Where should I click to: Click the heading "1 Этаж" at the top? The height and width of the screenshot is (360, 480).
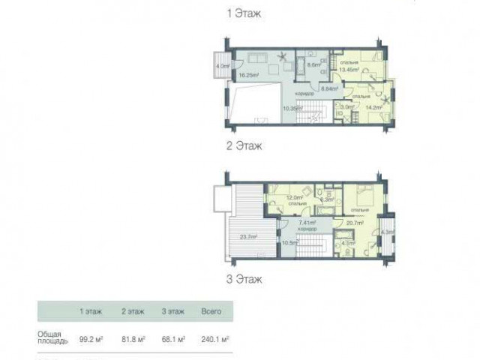pyautogui.click(x=244, y=13)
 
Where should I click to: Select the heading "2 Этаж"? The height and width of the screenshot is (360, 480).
pyautogui.click(x=244, y=146)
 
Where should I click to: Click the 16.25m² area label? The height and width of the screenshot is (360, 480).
pyautogui.click(x=249, y=75)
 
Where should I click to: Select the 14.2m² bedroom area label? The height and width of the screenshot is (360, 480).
pyautogui.click(x=373, y=107)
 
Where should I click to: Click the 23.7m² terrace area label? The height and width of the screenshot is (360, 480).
pyautogui.click(x=249, y=237)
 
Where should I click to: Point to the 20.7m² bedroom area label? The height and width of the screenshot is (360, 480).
pyautogui.click(x=355, y=223)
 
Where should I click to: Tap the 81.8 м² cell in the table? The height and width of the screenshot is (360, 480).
pyautogui.click(x=133, y=338)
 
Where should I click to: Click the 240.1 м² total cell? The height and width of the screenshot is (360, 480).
pyautogui.click(x=215, y=338)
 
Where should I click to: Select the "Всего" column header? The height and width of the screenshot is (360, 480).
pyautogui.click(x=211, y=310)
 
